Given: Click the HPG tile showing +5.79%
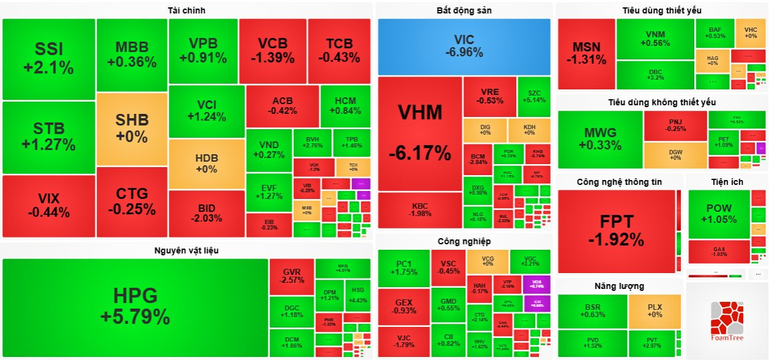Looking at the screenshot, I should (135, 307).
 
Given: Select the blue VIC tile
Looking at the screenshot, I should (463, 46).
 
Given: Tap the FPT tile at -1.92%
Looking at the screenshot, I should (616, 231).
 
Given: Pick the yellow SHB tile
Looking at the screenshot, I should (132, 129).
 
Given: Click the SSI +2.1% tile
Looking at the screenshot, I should (49, 58).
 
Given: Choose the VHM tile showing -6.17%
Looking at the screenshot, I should (419, 132).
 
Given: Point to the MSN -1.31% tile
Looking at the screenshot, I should (586, 54).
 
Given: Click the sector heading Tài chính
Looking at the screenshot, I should (186, 10).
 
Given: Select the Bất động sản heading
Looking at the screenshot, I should (463, 10).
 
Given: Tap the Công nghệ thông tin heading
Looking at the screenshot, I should (619, 182).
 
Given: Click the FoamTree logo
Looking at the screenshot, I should (726, 321).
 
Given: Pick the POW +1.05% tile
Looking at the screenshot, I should (718, 214).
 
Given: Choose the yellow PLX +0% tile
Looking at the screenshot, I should (655, 310).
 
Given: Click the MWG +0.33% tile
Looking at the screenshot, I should (599, 139).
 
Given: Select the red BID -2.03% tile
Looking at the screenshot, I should (206, 213).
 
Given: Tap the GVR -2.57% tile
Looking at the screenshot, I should (291, 276).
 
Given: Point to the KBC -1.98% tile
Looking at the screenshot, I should (419, 209).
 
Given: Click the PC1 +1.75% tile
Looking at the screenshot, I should (403, 268).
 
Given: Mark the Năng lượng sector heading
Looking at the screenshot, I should (619, 286).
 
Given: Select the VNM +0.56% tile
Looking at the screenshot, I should (655, 39).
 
